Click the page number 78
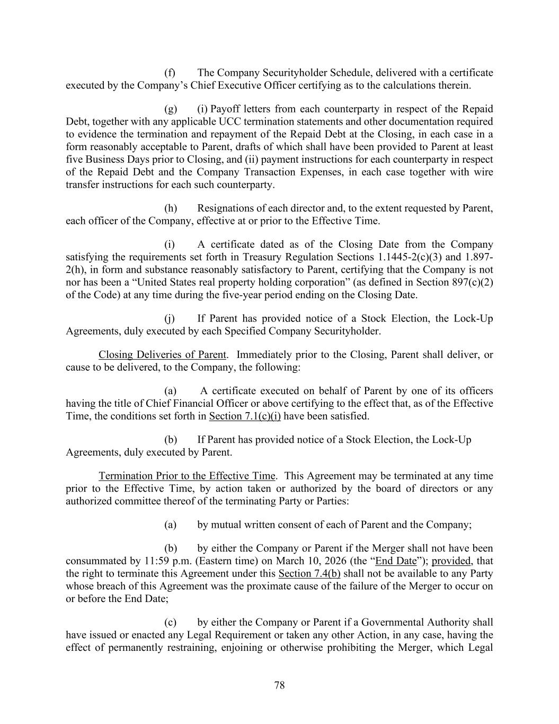pos(279,685)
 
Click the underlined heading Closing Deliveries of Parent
pos(162,354)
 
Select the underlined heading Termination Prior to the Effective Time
pos(187,476)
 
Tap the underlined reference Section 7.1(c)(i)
pos(245,416)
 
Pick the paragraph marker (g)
pos(171,109)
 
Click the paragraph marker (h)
pos(171,208)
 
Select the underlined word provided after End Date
pos(451,561)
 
